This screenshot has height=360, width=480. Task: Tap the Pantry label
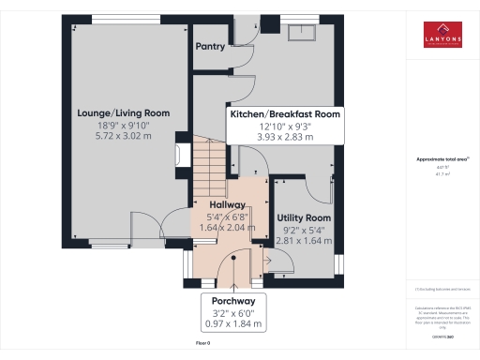[x=209, y=45]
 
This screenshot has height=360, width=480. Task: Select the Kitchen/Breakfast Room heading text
[x=284, y=113]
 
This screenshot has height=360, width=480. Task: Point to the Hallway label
[x=227, y=204]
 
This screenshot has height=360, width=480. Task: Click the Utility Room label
[x=305, y=217]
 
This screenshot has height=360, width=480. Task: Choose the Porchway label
[x=232, y=301]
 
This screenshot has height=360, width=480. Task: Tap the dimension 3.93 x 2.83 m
[x=284, y=136]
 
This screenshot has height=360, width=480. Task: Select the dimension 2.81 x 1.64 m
[x=305, y=239]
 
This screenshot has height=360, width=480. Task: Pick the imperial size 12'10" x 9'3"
[x=284, y=125]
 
